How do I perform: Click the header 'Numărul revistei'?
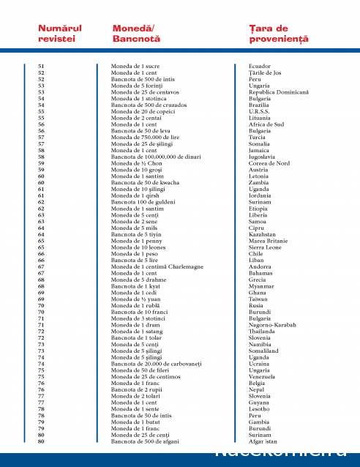pos(59,33)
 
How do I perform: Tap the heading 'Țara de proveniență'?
pos(278,33)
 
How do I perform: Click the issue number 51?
pos(41,66)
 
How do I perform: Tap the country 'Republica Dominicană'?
pos(279,92)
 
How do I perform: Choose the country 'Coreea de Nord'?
pos(269,163)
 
